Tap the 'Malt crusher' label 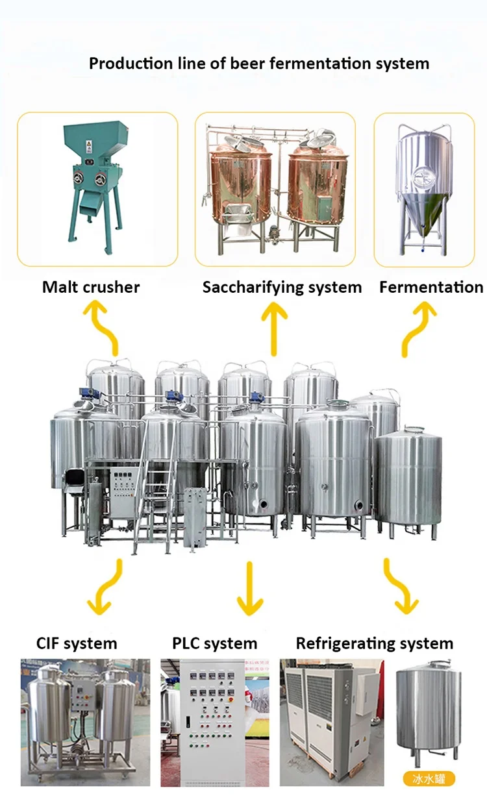pos(91,287)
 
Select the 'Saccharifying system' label pos(282,287)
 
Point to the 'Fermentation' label pos(431,287)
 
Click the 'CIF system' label pos(77,643)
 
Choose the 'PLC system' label pos(214,643)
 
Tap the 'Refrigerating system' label pos(374,643)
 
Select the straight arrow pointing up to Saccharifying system pos(274,328)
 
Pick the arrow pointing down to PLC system pos(250,588)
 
